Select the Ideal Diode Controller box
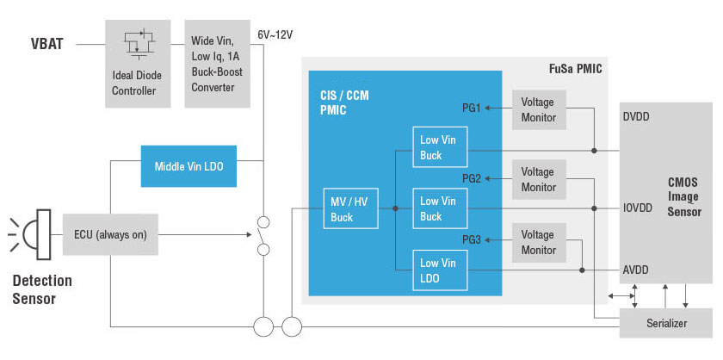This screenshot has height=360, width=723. coord(138,64)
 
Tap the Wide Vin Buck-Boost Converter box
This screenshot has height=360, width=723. coord(217,64)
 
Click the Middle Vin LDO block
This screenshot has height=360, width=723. coord(188,166)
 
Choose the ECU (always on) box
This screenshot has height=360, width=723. coord(110,234)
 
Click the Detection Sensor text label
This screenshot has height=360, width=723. coord(42,289)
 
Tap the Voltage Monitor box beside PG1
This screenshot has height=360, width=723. coord(539,109)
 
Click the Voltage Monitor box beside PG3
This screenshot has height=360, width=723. coord(539,242)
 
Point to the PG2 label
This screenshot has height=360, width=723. coord(471,178)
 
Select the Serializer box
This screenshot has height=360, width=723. coord(666,324)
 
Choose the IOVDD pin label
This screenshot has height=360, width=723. coord(640,208)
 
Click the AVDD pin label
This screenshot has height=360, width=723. coord(636,270)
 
